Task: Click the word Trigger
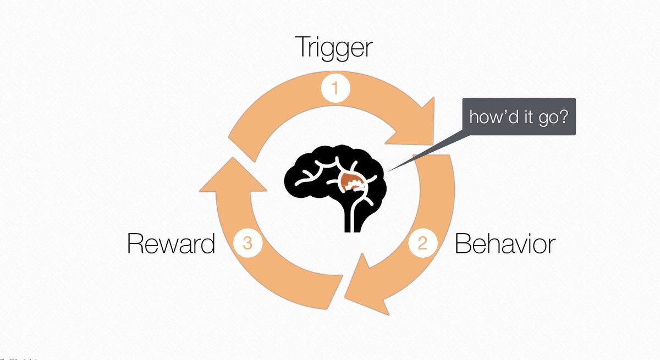tap(334, 48)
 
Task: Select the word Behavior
tap(505, 243)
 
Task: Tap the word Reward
tap(171, 243)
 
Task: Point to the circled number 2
tap(422, 242)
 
